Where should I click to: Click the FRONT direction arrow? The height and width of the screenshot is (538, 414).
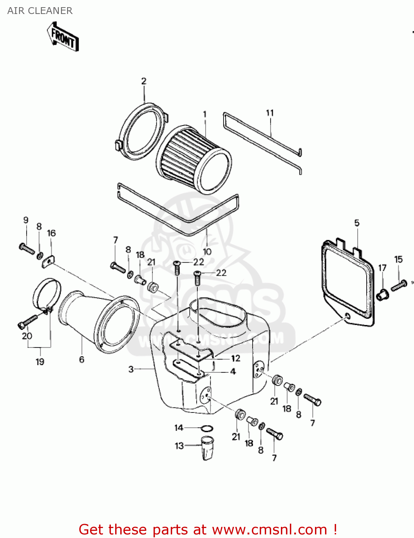63,37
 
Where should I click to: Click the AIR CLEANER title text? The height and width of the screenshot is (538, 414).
40,11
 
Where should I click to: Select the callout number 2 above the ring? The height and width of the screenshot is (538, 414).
144,81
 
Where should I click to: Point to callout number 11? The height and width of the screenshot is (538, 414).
270,113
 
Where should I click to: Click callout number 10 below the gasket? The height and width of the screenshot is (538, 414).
207,251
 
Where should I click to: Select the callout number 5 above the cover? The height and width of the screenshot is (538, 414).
357,223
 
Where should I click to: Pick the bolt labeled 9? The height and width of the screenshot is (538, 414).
27,248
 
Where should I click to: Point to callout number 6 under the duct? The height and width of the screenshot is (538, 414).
82,359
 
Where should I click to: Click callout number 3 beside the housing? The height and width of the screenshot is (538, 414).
131,369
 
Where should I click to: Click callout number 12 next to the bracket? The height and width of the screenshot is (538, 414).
236,358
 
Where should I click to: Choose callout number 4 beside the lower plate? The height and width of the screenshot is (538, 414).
233,372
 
